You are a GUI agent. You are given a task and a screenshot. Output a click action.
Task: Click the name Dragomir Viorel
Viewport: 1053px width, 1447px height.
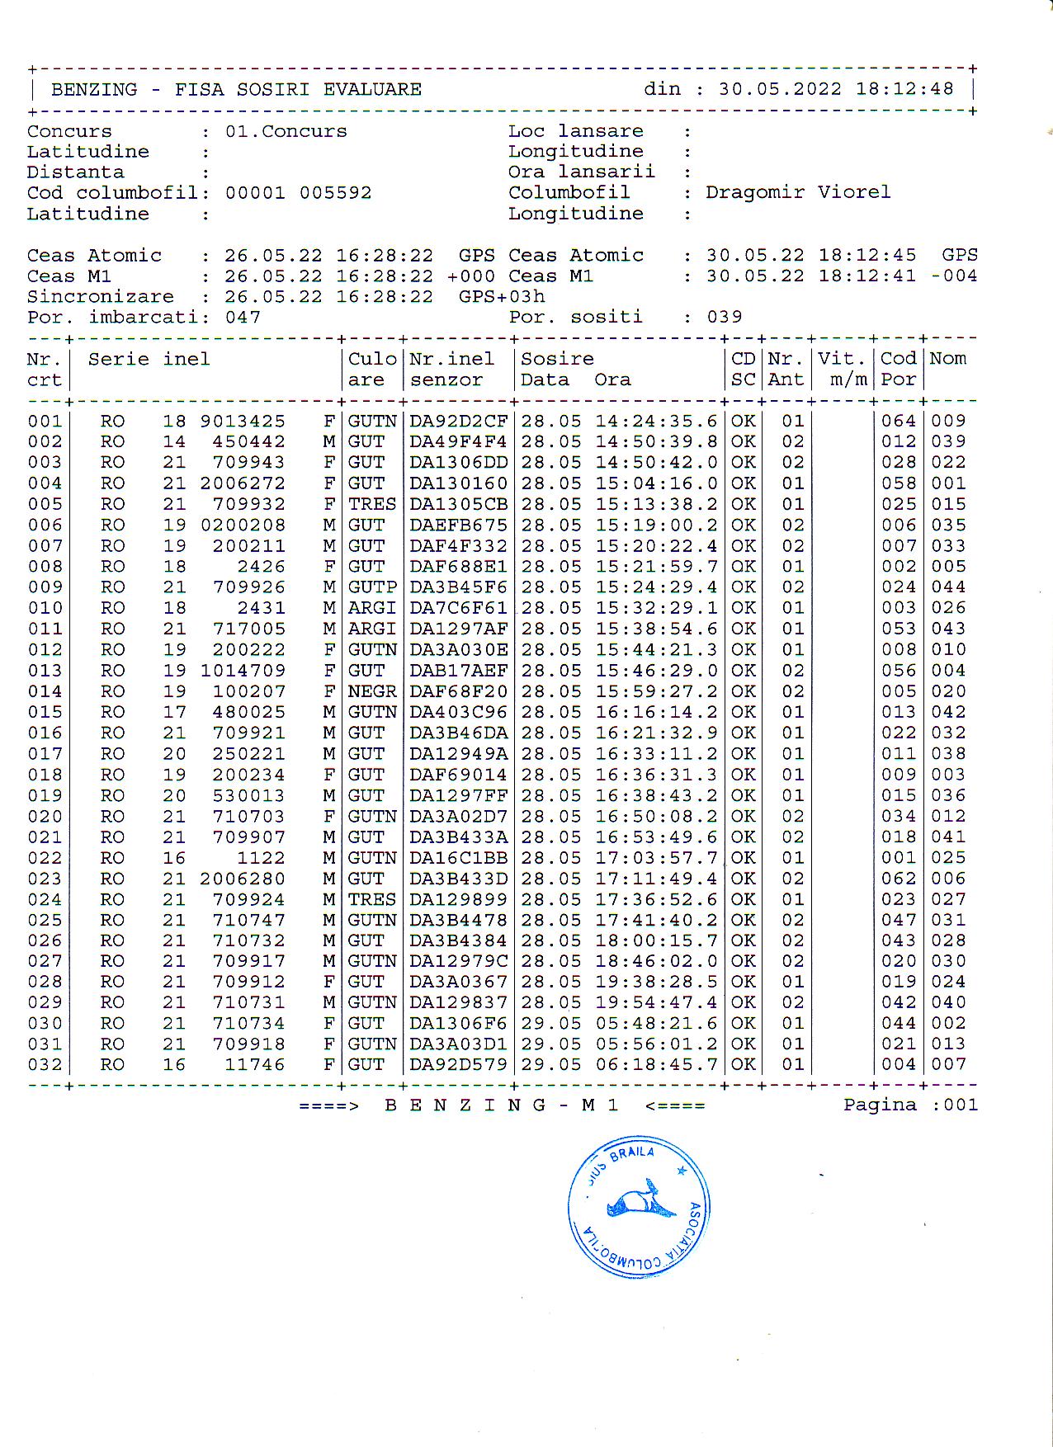(x=797, y=192)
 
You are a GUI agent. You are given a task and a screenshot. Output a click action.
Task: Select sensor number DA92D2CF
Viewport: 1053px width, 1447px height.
(x=458, y=421)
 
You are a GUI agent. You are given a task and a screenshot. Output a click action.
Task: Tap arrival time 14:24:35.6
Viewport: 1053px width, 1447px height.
(x=656, y=421)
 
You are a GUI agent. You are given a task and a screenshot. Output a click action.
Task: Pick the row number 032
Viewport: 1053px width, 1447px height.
(x=45, y=1065)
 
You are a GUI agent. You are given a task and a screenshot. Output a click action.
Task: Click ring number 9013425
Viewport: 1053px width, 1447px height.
(x=243, y=421)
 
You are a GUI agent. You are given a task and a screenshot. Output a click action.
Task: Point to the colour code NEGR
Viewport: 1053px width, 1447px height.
(x=371, y=691)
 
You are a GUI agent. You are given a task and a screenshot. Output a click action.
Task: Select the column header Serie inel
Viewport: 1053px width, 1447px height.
(x=149, y=360)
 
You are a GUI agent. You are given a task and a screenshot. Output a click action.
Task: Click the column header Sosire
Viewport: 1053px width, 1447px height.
(x=557, y=359)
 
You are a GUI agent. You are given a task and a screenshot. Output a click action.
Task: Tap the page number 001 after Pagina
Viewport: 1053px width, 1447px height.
(x=961, y=1105)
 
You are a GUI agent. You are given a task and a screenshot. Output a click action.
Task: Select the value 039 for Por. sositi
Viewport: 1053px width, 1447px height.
(x=724, y=317)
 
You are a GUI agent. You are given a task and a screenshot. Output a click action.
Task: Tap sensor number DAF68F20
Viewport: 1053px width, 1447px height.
(x=458, y=691)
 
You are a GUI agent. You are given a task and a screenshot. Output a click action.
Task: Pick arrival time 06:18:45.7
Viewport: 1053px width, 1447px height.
(x=656, y=1065)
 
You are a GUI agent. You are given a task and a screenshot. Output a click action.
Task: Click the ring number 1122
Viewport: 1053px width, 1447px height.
(x=261, y=858)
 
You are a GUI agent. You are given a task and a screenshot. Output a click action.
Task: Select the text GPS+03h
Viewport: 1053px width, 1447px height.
(x=502, y=297)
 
